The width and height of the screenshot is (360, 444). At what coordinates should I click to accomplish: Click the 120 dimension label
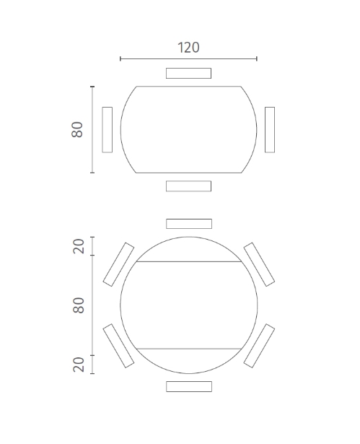[188, 48]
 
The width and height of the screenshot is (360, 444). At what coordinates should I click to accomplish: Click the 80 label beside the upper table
[77, 130]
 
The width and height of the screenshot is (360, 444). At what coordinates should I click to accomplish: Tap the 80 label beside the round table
[79, 305]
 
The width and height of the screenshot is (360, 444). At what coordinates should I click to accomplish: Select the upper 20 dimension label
[79, 246]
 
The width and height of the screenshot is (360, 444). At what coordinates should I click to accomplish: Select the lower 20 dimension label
[79, 365]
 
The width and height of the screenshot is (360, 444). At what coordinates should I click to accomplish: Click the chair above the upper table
[188, 73]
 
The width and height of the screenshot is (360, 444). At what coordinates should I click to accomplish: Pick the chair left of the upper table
[107, 130]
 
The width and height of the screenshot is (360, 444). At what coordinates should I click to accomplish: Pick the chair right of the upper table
[270, 130]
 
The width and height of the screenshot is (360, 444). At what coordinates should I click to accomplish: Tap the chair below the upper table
[188, 186]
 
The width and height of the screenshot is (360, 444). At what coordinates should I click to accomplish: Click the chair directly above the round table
[189, 224]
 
